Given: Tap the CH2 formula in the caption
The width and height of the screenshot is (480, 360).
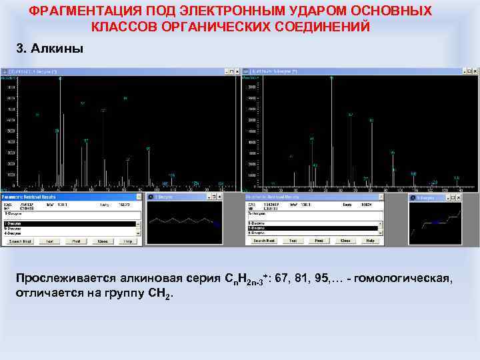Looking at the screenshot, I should pos(160,293).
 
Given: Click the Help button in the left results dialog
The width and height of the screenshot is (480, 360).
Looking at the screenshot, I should pos(127,241).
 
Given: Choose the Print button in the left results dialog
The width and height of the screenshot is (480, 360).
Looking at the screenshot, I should pos(76,241).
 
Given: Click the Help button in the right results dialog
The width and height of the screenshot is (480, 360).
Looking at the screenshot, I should pos(369,240).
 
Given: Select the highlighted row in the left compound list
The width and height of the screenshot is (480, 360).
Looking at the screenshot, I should pos(40,223).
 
